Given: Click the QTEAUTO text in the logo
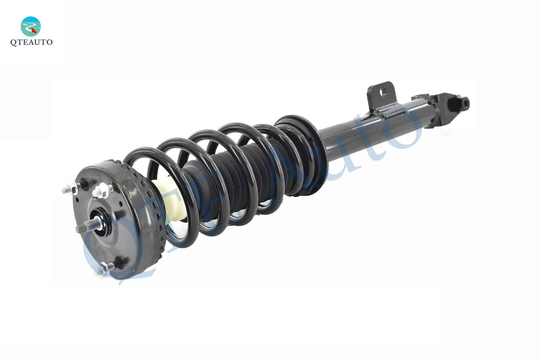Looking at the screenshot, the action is (31, 42).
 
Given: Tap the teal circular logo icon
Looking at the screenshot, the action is (30, 26).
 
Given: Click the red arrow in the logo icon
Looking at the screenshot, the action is (34, 30).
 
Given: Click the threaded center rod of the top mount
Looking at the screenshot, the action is (88, 225).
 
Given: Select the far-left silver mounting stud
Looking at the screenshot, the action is (69, 189).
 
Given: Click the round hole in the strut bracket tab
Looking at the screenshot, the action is (383, 91).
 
